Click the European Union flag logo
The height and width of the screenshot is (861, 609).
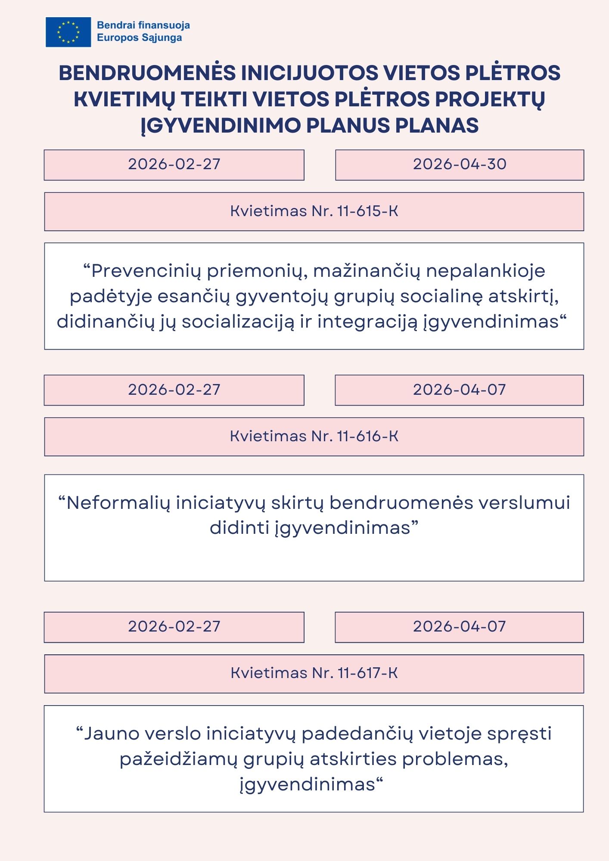[68, 32]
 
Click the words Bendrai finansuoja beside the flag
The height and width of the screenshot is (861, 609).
[143, 25]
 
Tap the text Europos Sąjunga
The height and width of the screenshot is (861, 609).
[139, 38]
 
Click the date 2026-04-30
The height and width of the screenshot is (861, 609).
[460, 164]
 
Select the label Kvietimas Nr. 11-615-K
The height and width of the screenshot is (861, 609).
[314, 211]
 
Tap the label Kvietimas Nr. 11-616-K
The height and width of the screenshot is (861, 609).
[314, 437]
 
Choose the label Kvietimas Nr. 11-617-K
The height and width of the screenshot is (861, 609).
[314, 673]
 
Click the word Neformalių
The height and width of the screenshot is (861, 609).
[118, 503]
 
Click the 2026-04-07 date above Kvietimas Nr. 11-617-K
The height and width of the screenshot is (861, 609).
[459, 627]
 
